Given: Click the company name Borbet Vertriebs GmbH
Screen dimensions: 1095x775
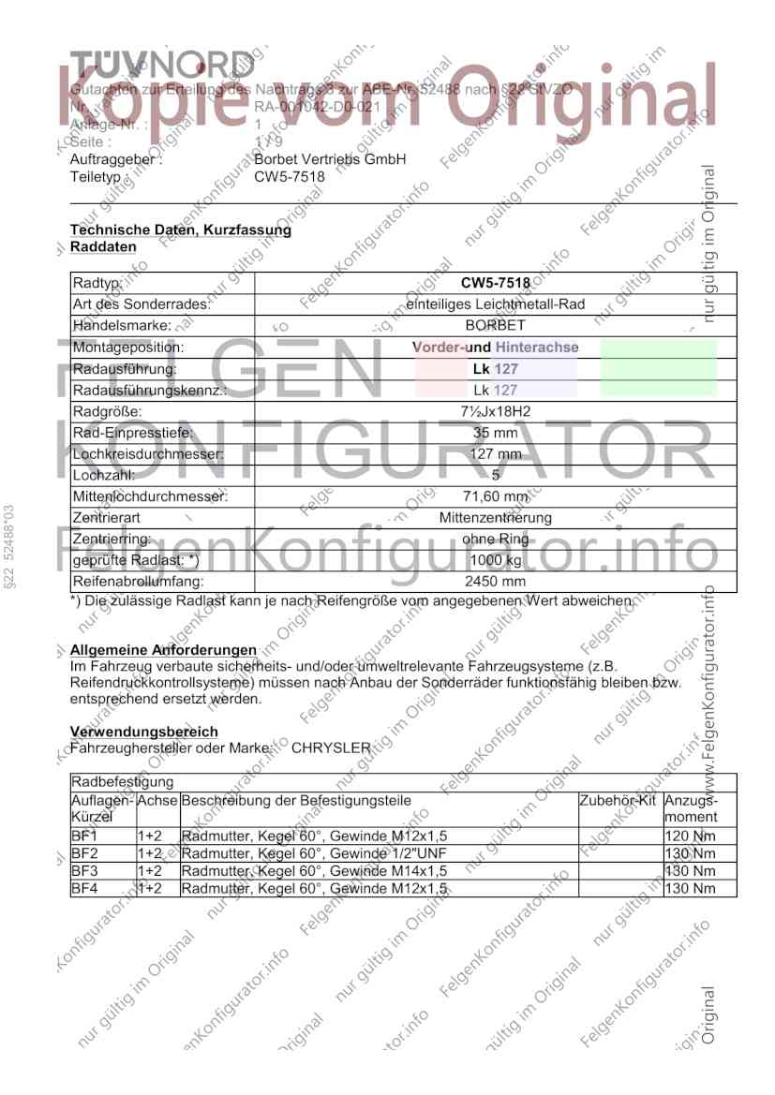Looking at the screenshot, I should (x=330, y=160).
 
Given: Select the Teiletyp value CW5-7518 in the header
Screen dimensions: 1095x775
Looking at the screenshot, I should (x=290, y=176).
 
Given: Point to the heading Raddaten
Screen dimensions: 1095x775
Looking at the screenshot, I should (x=103, y=246).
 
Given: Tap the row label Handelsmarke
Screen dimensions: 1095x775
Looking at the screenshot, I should (x=122, y=325).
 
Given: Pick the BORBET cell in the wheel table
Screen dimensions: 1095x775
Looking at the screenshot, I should (x=495, y=325).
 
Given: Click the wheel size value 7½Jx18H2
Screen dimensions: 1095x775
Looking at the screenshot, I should (x=495, y=411).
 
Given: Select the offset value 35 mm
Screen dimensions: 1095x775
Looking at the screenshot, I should (x=495, y=433).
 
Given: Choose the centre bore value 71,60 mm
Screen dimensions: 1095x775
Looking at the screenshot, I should (x=495, y=496).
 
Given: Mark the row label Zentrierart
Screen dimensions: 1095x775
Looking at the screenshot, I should (x=103, y=518).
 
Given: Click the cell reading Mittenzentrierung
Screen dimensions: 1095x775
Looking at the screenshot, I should (x=495, y=518).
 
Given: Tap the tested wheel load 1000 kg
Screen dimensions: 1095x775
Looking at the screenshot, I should (x=495, y=560).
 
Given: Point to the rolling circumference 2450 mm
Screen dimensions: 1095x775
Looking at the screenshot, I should (x=495, y=582).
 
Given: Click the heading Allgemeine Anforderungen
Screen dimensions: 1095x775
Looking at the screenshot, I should (x=163, y=650).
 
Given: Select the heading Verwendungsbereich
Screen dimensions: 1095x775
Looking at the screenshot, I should (x=144, y=732).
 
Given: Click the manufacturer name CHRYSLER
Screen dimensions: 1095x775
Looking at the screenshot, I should (x=332, y=747).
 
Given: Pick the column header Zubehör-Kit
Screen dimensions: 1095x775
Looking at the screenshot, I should (x=619, y=801).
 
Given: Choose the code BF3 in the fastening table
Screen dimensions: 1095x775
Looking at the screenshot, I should (x=84, y=871).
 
